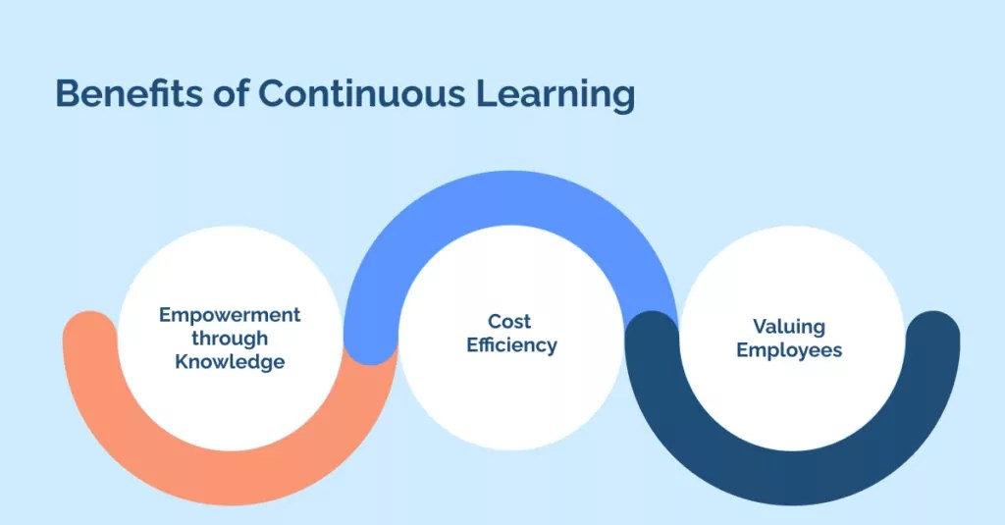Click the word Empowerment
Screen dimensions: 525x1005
click(230, 315)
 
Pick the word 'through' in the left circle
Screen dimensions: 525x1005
click(230, 339)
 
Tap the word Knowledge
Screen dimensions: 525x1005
click(230, 362)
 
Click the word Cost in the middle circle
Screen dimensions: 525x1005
click(509, 322)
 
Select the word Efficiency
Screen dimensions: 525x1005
click(511, 345)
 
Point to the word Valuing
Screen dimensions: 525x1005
click(789, 326)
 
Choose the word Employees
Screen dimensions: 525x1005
click(789, 350)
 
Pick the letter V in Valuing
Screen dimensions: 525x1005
click(759, 326)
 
